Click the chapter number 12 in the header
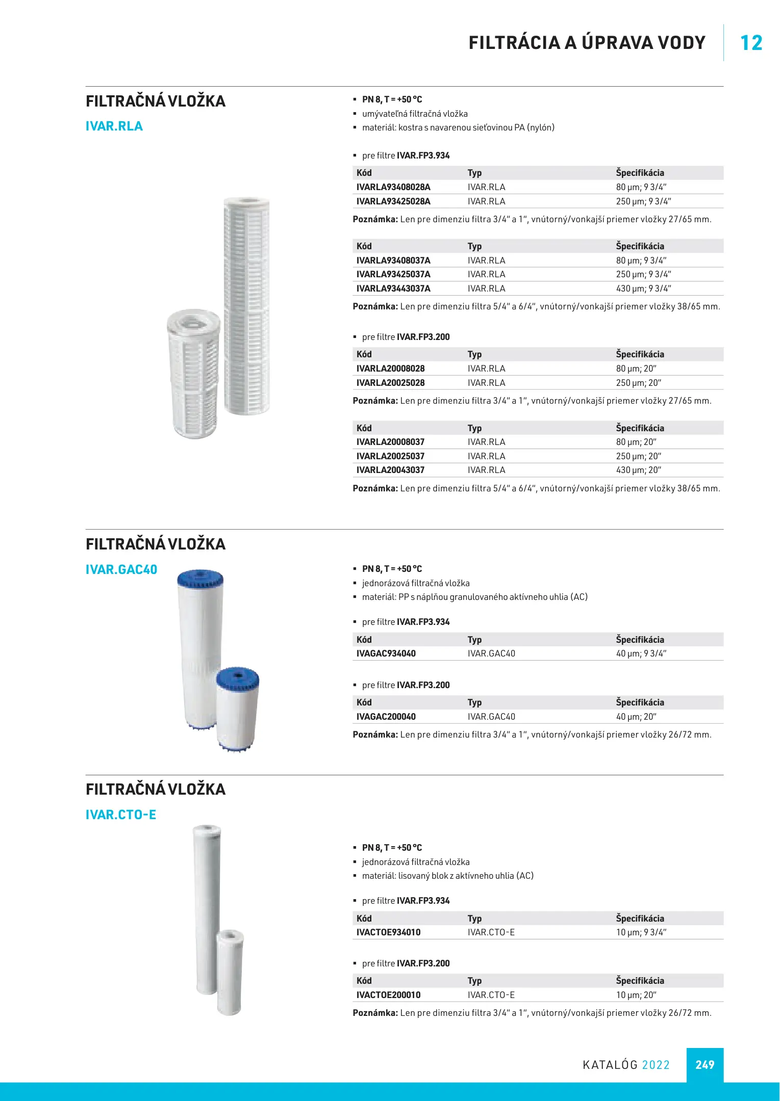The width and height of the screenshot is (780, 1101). pos(751,43)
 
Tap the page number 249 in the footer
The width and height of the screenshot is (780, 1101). pos(704,1065)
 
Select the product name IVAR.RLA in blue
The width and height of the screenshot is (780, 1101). pos(114,126)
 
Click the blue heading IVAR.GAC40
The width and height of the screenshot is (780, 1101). pos(121,569)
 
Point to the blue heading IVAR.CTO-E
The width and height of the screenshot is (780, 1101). pos(121,815)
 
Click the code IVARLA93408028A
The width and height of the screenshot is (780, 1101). pos(393,187)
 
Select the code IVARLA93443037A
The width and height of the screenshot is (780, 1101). pos(393,289)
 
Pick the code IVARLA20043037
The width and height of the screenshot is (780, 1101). pos(390,470)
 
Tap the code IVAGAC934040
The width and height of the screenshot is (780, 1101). pos(386,653)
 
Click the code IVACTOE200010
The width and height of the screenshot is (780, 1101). pos(389,995)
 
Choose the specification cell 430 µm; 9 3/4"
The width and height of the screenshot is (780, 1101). pos(643,289)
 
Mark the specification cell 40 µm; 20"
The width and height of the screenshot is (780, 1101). pos(636,717)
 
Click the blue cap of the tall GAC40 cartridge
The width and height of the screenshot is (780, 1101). pos(200,579)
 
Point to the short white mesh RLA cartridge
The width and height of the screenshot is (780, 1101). pos(194,375)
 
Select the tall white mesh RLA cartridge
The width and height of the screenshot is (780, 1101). pos(247,306)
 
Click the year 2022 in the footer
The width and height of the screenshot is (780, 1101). pos(656,1065)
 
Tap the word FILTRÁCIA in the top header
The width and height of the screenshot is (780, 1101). pos(514,43)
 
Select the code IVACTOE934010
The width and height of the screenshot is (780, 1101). pos(389,932)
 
